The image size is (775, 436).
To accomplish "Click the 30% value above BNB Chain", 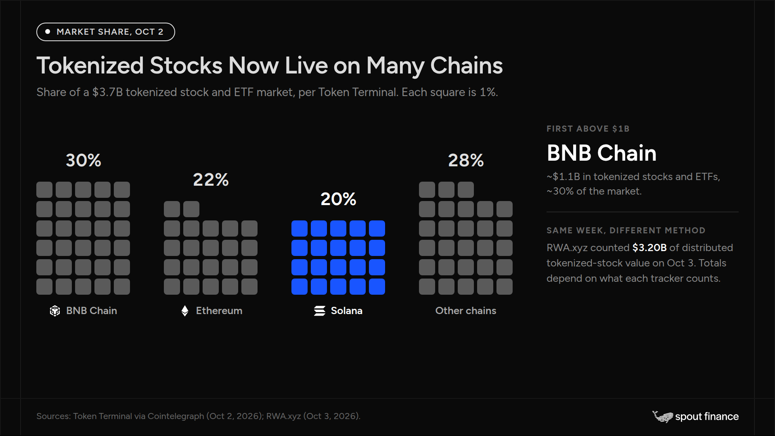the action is coord(84,160).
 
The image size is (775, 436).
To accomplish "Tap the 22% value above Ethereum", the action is coord(211,180).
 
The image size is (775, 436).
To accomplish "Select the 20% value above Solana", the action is coord(338,199).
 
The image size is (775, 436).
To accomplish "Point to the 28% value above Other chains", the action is coord(466,160).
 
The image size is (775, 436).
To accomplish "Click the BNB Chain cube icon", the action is coord(55,311).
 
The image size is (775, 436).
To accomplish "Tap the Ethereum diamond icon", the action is coord(185,311).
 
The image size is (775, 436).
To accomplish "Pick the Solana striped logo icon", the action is coord(320,311).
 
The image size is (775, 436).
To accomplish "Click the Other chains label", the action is coord(466,310).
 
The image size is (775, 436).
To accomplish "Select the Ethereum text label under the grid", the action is coord(219,310).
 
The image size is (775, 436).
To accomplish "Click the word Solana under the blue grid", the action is coord(347,310).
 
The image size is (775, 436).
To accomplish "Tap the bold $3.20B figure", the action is coord(649,247).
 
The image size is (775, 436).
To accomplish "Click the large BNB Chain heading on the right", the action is coord(601,153).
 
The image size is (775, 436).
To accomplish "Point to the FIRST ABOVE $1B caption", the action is coord(588,129).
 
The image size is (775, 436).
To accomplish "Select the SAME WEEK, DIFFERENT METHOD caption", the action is coord(626,231).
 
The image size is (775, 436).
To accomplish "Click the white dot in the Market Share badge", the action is coord(48,31).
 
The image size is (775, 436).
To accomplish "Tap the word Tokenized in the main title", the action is coord(90,65).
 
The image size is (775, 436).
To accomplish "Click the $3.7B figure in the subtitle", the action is coord(107,92).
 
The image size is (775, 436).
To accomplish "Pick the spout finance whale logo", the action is coord(662,417).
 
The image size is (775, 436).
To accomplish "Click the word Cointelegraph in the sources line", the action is coord(176,416).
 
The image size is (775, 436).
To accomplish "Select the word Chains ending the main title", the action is coord(467,65).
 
